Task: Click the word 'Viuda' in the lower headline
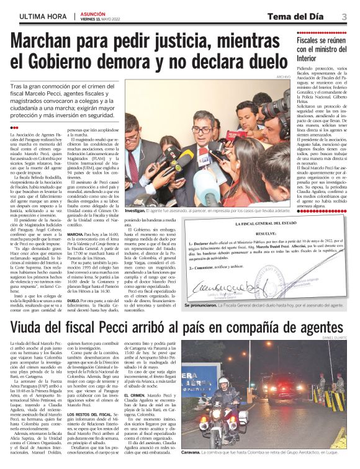(34, 325)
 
